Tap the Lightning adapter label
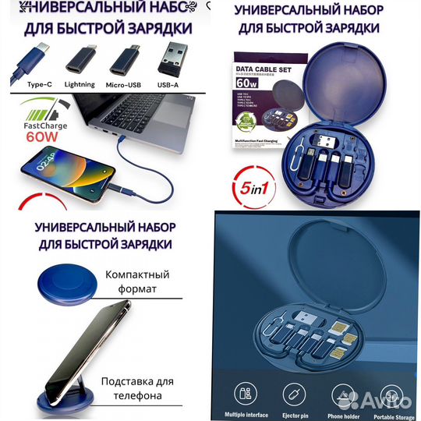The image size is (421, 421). point(80,84)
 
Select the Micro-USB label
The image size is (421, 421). point(127,84)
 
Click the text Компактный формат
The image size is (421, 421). point(139,282)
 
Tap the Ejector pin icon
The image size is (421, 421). point(292,394)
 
